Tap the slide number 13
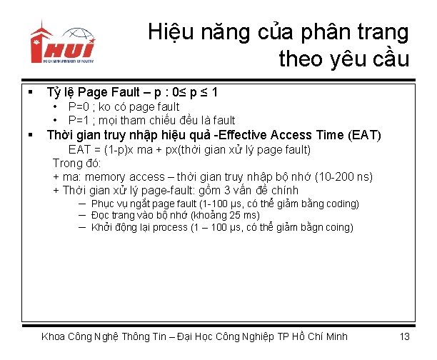(x=404, y=336)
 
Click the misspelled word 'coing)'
(x=338, y=227)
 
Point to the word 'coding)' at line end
(x=341, y=204)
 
